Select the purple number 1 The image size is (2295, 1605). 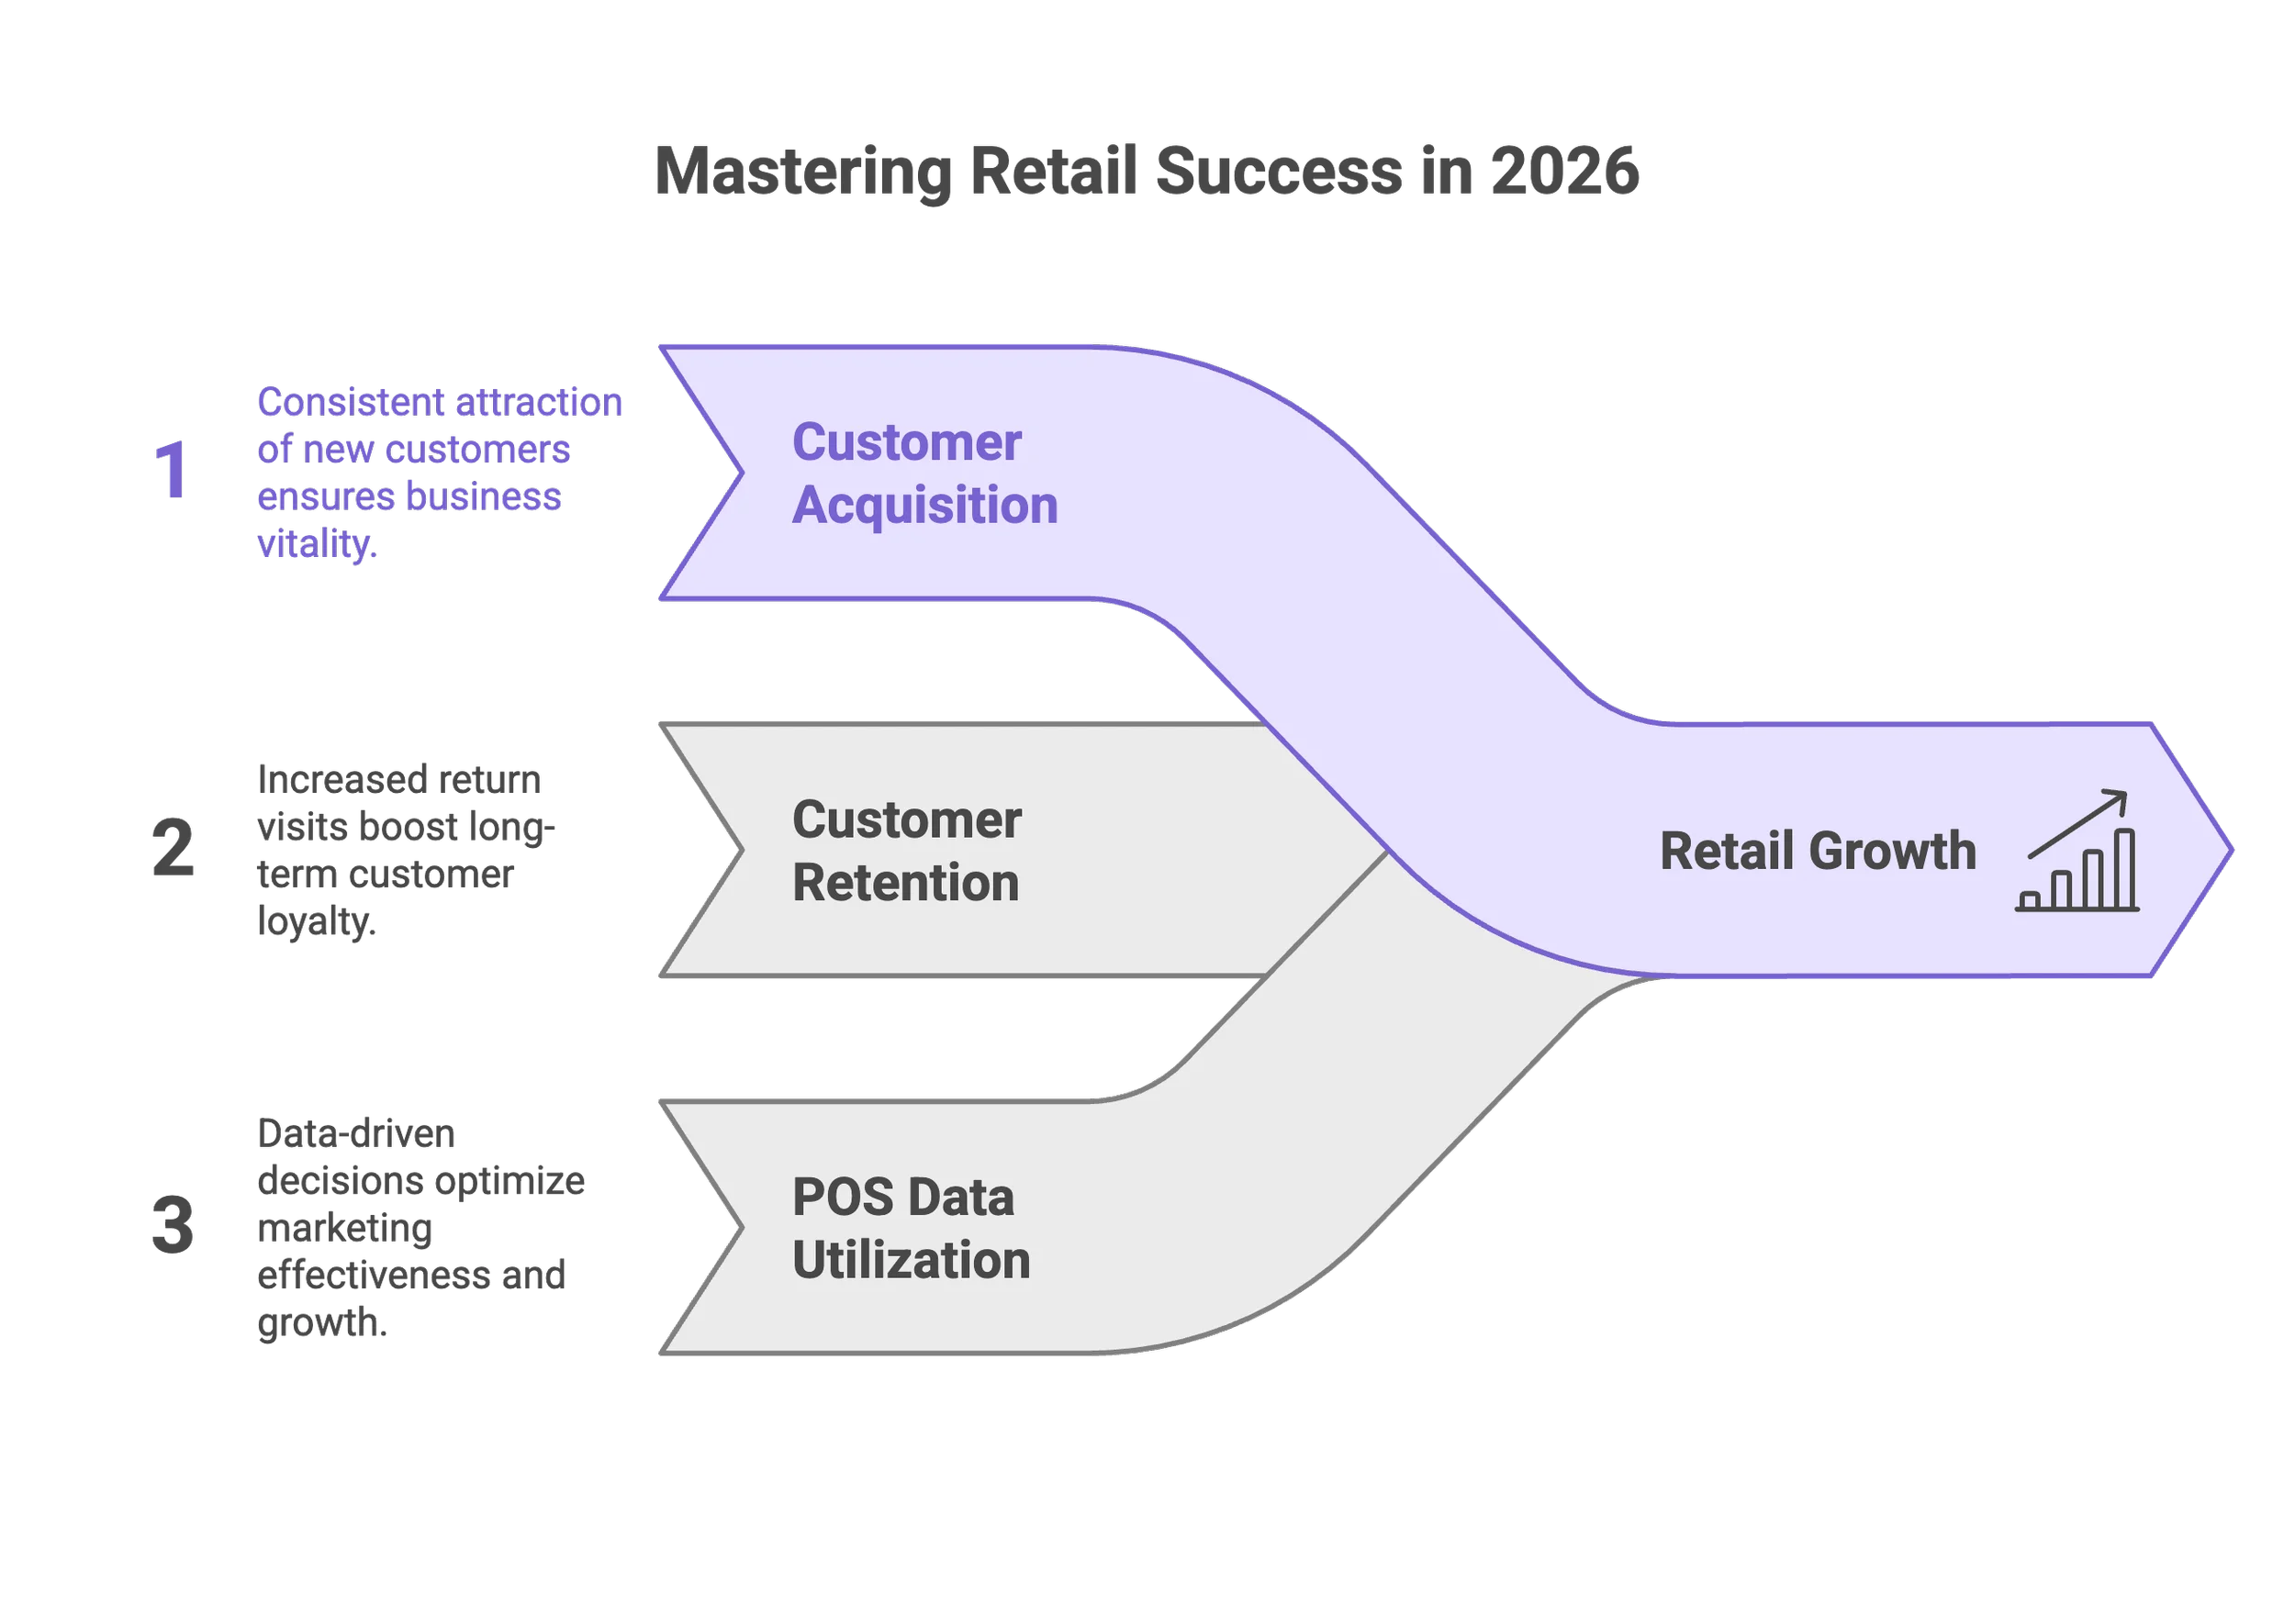click(x=172, y=469)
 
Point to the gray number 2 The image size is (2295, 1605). click(x=173, y=848)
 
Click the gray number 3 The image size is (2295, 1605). click(x=172, y=1225)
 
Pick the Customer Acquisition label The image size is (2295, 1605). click(x=924, y=473)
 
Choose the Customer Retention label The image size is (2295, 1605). click(x=905, y=851)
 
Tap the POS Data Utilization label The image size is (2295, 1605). click(x=910, y=1228)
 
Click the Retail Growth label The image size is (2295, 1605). click(x=1818, y=851)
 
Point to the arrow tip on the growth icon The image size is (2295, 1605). click(x=2124, y=795)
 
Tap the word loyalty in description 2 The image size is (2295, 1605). click(x=314, y=920)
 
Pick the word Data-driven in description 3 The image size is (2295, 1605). click(x=355, y=1134)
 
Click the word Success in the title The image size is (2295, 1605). click(x=1279, y=171)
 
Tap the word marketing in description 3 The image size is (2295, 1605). click(x=344, y=1228)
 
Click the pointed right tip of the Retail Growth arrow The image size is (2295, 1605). click(x=2229, y=851)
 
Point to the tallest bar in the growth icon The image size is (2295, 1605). click(x=2125, y=867)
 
